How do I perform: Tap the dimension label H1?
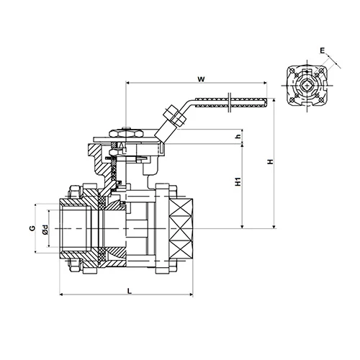click(238, 184)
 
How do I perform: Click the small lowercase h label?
click(237, 137)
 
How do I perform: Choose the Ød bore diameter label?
click(44, 229)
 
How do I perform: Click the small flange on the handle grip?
click(228, 102)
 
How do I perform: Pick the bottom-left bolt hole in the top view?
click(295, 103)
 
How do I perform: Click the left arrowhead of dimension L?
click(61, 294)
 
